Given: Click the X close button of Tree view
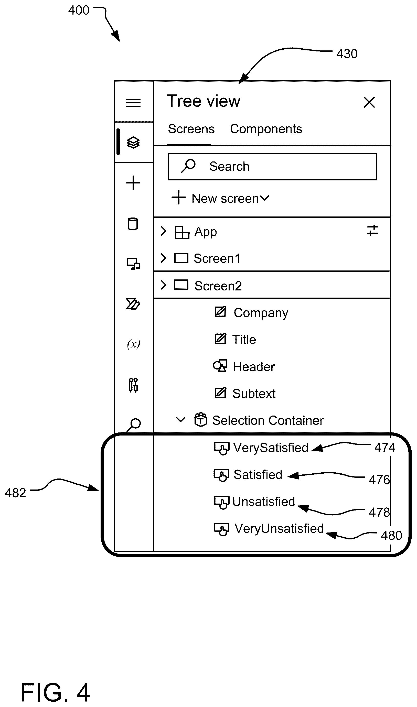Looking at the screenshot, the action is [369, 102].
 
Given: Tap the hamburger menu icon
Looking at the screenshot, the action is [133, 103].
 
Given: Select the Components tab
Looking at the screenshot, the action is [266, 129].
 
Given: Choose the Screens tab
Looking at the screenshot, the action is [191, 129].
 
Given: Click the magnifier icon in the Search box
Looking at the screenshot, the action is [188, 166].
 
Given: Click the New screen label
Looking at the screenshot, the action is [225, 199].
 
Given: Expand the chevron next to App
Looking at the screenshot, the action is [163, 231].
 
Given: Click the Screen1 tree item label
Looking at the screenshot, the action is [217, 258].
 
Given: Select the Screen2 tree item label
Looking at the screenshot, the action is [218, 286].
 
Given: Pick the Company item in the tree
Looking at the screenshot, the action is [261, 313].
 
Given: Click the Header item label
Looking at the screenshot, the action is [254, 367].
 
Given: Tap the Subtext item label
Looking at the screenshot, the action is [254, 394].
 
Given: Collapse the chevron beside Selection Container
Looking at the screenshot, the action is [180, 420].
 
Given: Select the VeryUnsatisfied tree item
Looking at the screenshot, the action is [279, 529].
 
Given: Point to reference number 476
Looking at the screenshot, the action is [379, 480].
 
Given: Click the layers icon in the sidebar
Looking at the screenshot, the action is [133, 143].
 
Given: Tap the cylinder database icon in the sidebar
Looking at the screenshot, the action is [133, 224].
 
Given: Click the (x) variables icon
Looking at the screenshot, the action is [133, 344].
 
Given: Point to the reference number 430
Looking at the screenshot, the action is [347, 54].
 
